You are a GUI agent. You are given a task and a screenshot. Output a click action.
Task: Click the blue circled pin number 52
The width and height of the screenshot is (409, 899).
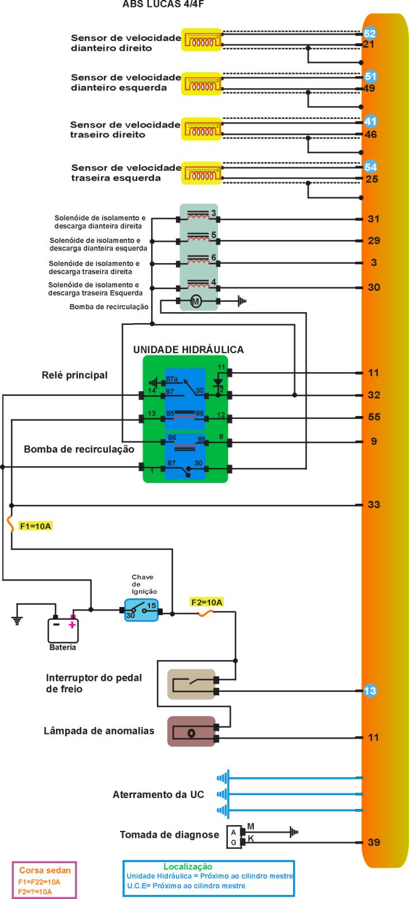370,33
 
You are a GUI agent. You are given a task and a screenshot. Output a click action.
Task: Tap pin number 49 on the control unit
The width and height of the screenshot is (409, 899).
370,88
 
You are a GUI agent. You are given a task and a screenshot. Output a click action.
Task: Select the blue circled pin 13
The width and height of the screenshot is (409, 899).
370,691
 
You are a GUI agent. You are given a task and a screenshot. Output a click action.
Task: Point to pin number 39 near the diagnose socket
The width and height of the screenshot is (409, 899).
373,842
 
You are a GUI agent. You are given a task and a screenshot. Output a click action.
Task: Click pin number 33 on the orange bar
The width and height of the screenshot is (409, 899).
374,505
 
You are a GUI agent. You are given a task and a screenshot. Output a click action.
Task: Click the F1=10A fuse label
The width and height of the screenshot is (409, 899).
36,526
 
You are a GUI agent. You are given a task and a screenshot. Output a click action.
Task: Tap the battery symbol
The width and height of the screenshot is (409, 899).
63,629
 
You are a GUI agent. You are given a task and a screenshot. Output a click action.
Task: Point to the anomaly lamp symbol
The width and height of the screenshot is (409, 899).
191,732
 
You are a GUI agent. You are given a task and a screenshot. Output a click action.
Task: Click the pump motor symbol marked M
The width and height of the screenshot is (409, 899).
196,301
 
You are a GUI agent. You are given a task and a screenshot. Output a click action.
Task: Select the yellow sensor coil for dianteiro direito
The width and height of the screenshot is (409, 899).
201,40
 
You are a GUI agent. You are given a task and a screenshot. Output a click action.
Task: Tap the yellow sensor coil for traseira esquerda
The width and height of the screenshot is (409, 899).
201,173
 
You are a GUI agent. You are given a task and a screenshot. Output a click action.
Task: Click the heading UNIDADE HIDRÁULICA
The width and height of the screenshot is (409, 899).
188,350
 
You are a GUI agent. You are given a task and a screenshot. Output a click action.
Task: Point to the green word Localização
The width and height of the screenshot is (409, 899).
188,866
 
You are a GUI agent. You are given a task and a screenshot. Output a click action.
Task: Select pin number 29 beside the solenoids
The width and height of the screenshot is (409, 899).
373,241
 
